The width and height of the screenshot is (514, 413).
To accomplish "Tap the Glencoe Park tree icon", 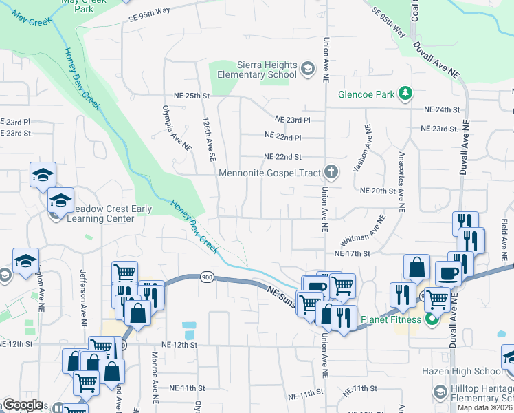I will (x=406, y=93).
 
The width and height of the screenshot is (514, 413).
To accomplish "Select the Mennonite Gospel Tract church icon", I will (x=331, y=172).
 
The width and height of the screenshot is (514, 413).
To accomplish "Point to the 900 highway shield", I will (x=206, y=277).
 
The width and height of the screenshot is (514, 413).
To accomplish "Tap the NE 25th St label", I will (x=185, y=96).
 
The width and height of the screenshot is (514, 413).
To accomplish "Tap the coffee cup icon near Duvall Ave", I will (x=449, y=273).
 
